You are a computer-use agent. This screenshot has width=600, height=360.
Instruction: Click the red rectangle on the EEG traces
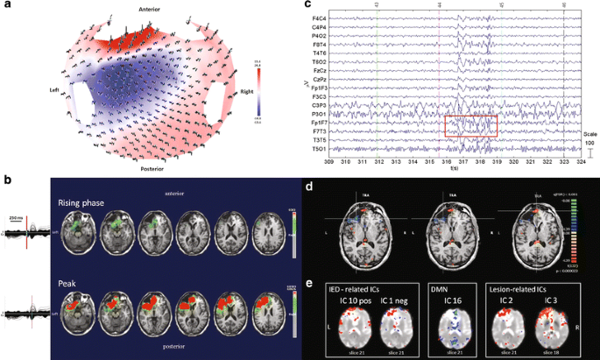point(470,126)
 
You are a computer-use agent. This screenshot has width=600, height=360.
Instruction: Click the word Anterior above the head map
point(147,9)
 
